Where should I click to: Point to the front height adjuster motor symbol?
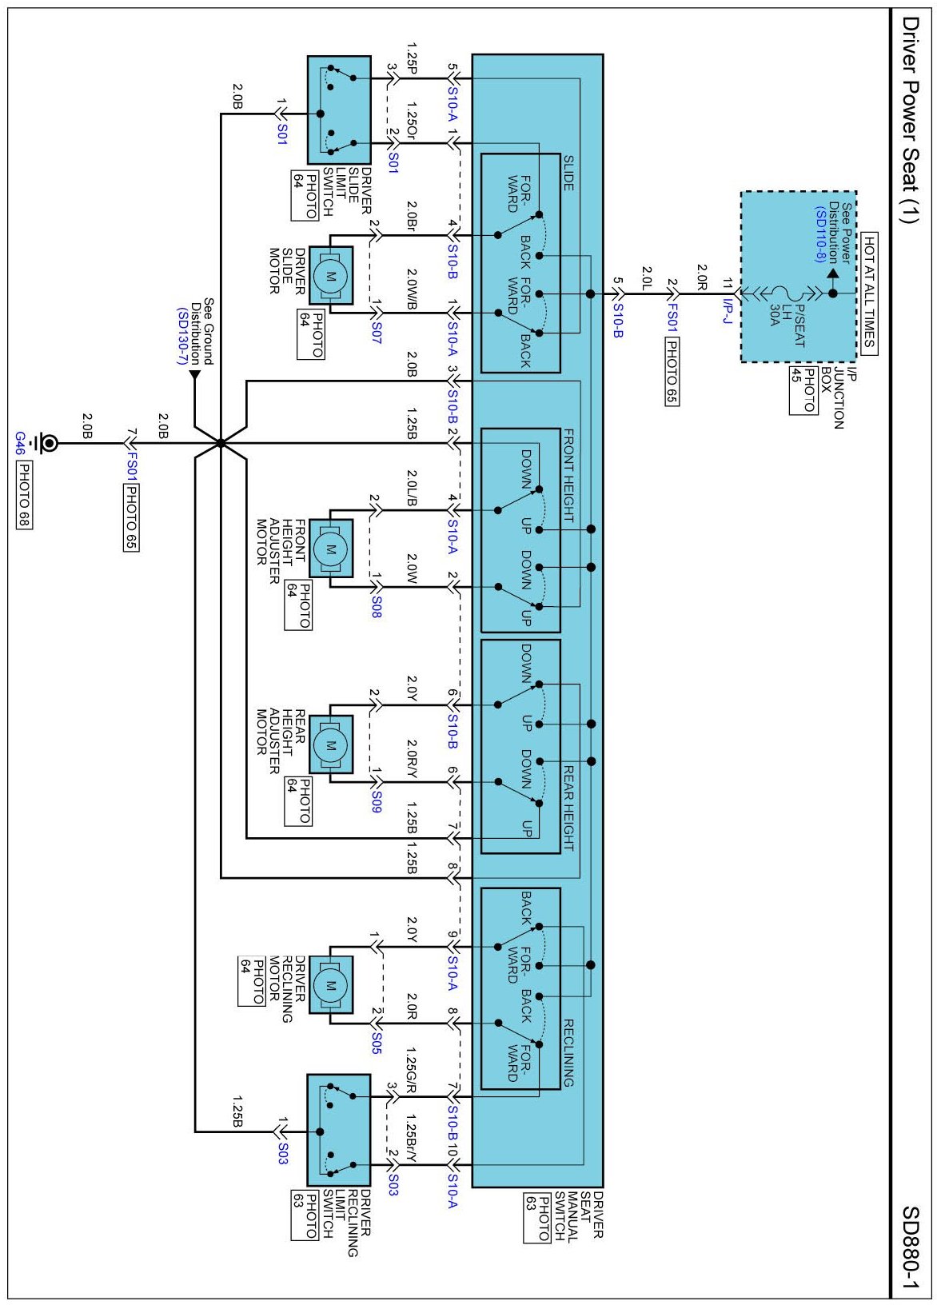click(330, 549)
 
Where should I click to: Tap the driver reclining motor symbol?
click(330, 986)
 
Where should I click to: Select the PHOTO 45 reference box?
click(803, 390)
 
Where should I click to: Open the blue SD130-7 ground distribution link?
click(181, 335)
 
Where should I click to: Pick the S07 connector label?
click(376, 333)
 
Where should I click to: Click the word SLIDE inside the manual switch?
click(568, 173)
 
